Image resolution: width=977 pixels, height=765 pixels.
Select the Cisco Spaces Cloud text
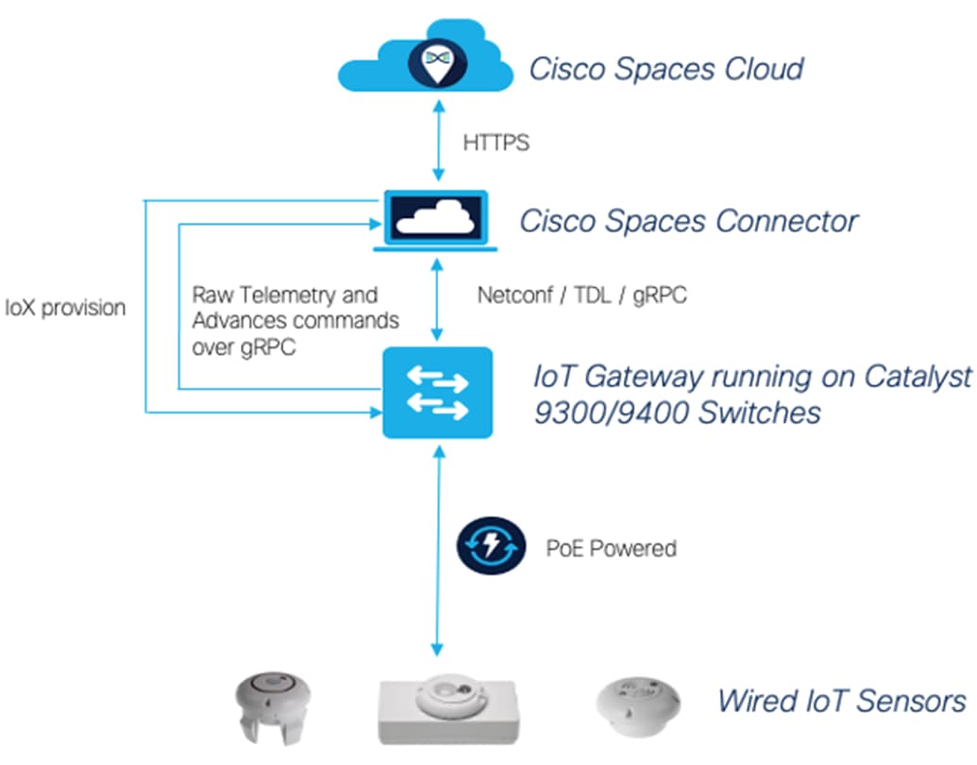point(666,69)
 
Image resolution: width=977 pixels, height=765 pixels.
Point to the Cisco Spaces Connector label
point(688,221)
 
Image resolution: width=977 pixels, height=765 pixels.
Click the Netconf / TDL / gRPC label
point(581,295)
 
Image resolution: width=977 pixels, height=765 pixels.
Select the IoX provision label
point(65,308)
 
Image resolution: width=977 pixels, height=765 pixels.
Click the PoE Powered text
point(612,548)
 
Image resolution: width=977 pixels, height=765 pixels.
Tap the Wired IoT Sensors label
point(841,701)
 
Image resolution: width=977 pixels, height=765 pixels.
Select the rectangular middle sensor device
point(449,710)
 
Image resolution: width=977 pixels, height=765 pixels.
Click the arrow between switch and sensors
point(436,552)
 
